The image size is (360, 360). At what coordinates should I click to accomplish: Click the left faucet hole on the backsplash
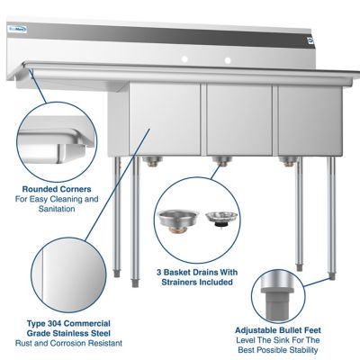coord(184,59)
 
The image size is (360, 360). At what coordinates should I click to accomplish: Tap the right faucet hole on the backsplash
coord(227,60)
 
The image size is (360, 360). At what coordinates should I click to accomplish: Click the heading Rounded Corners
coord(55,189)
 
